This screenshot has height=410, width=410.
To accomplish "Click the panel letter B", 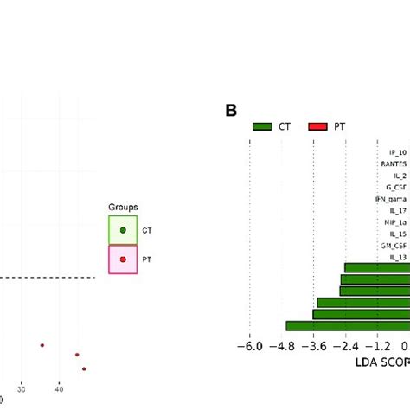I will point(231,112).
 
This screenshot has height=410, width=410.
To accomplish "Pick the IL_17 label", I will point(398,210).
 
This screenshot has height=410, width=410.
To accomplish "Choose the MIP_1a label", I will point(395,222).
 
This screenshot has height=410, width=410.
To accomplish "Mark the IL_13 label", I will point(398,257).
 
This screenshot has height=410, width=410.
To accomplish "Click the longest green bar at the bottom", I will point(347,326).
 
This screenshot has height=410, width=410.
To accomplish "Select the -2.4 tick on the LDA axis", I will point(345,346).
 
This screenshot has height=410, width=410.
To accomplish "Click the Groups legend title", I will point(122,208).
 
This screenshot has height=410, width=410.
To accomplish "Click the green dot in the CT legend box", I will point(123,230).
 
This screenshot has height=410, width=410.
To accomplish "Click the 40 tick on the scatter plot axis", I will point(59,389).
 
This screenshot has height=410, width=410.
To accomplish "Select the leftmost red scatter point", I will point(42,345).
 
